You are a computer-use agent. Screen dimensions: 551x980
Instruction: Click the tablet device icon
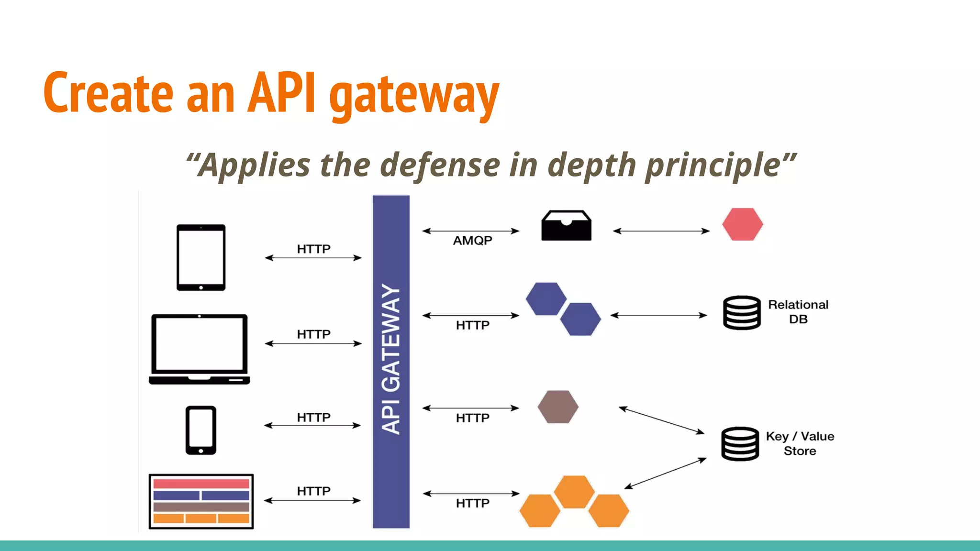[x=200, y=257]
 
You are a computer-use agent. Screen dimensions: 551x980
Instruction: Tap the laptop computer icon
[x=200, y=349]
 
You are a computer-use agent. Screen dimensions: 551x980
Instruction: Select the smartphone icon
[x=200, y=430]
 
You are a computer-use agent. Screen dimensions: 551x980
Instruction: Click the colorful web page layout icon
[x=201, y=501]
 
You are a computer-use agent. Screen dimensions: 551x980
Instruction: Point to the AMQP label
[x=472, y=241]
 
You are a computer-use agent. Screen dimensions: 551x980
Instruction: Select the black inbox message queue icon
[x=566, y=226]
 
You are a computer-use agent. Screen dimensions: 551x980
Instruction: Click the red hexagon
[x=742, y=224]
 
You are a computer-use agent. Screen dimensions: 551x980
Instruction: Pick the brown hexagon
[x=558, y=407]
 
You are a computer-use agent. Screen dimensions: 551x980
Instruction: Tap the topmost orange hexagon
[x=574, y=491]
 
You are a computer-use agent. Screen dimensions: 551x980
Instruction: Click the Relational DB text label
[x=798, y=312]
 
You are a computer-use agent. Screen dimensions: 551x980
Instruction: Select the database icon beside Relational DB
[x=741, y=313]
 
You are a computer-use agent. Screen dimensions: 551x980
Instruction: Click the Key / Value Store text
[x=800, y=443]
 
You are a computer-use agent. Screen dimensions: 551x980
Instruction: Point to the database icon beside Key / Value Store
[x=740, y=444]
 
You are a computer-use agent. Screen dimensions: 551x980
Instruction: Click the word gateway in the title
[x=414, y=95]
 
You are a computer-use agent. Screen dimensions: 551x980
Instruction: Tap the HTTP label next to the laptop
[x=313, y=334]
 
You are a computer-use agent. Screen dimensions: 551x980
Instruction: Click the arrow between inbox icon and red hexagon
[x=661, y=231]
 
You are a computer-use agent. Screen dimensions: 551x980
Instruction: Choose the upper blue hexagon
[x=546, y=299]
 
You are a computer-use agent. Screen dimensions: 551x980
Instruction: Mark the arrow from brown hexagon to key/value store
[x=661, y=420]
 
